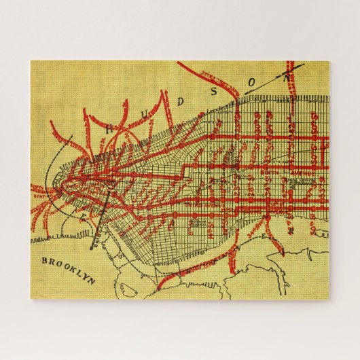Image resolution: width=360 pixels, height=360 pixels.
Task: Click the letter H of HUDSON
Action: click(x=111, y=127)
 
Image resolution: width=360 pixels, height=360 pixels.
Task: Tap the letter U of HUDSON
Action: click(x=144, y=115)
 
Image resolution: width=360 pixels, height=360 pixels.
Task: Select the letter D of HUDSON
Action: click(x=180, y=102)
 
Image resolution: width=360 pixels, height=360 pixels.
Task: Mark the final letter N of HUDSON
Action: click(x=286, y=78)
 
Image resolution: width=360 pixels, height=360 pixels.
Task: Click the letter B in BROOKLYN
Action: click(x=45, y=260)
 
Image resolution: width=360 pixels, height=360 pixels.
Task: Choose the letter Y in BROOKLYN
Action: click(x=86, y=276)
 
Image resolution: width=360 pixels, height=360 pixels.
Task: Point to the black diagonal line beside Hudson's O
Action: click(x=272, y=79)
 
